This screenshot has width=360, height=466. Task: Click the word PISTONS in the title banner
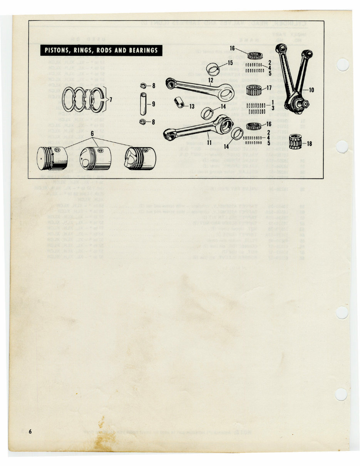pyautogui.click(x=58, y=50)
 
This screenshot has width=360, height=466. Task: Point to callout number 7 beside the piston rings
pyautogui.click(x=111, y=100)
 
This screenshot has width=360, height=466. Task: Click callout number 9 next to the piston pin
pyautogui.click(x=153, y=104)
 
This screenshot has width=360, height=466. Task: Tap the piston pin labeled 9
pyautogui.click(x=143, y=104)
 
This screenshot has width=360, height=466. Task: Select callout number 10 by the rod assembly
pyautogui.click(x=311, y=91)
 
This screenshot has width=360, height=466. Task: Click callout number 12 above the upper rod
pyautogui.click(x=211, y=80)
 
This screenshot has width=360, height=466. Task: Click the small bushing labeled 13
pyautogui.click(x=180, y=103)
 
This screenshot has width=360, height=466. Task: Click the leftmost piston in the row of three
pyautogui.click(x=52, y=158)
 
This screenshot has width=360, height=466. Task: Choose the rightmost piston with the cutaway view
pyautogui.click(x=140, y=158)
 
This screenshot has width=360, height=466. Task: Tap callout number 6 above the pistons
pyautogui.click(x=92, y=133)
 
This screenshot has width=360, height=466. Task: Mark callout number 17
pyautogui.click(x=269, y=88)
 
